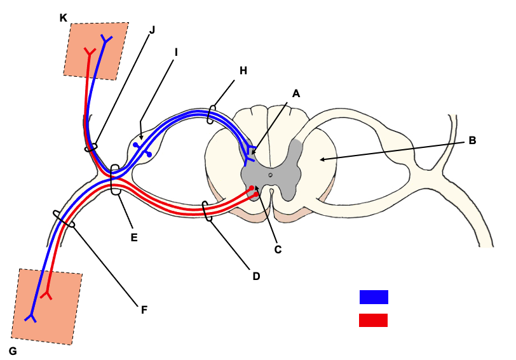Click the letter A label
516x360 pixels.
click(x=295, y=93)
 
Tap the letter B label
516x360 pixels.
click(x=472, y=140)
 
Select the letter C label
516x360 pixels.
click(x=278, y=250)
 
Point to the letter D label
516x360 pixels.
click(x=256, y=276)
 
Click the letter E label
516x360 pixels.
click(x=134, y=237)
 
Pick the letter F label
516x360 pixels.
click(x=144, y=310)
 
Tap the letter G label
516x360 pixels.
click(x=13, y=350)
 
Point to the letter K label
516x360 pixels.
click(x=63, y=18)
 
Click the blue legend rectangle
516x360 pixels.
click(x=374, y=297)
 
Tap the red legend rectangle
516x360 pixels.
click(x=374, y=320)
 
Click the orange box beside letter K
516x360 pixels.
click(x=97, y=51)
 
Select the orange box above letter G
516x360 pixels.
click(x=48, y=307)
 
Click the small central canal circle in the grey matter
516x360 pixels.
click(x=270, y=174)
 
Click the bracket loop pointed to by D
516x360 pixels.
click(x=207, y=211)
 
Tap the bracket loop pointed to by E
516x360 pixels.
click(x=116, y=180)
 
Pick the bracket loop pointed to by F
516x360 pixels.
click(x=64, y=219)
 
